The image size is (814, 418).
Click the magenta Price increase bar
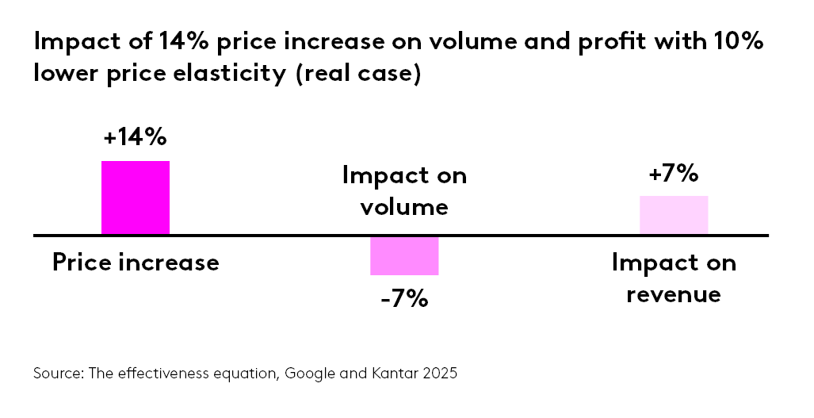pyautogui.click(x=136, y=198)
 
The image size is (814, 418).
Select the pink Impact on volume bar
pyautogui.click(x=404, y=255)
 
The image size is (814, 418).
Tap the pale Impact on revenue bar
pyautogui.click(x=673, y=215)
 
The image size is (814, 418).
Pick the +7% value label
pyautogui.click(x=673, y=174)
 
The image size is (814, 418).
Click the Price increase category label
pyautogui.click(x=136, y=263)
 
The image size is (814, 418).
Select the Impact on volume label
pyautogui.click(x=404, y=191)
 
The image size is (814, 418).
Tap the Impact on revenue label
pyautogui.click(x=673, y=278)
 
